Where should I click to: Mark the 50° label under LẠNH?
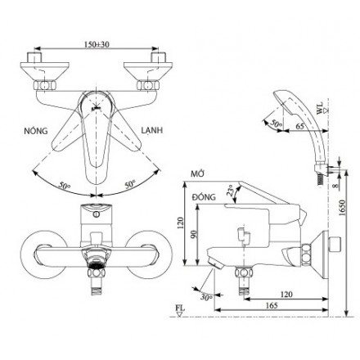point(128,186)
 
